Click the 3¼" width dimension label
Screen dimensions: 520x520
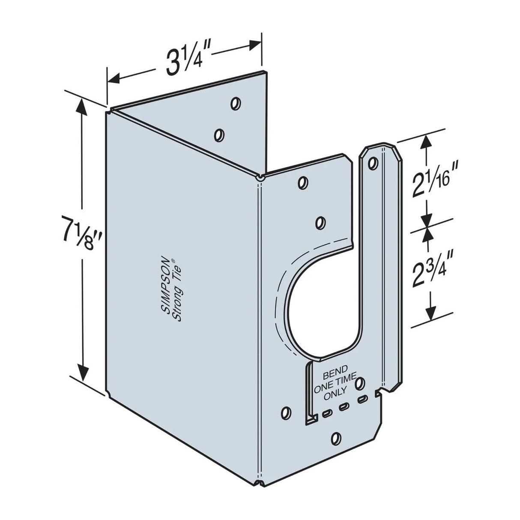click(183, 63)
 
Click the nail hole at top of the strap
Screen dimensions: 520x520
click(373, 163)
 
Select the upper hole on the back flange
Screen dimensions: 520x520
click(235, 103)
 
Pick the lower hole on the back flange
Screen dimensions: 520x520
click(219, 135)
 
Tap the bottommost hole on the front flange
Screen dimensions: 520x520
click(337, 438)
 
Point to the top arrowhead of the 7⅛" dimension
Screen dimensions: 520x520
click(83, 105)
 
